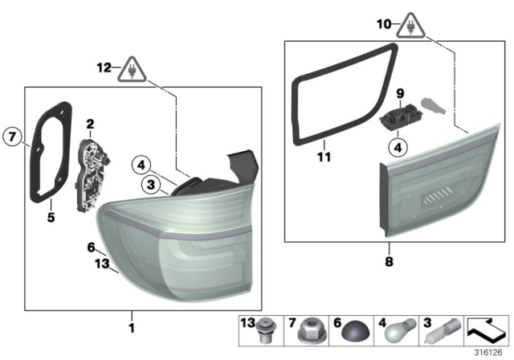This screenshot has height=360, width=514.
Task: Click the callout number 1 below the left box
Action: pos(133,327)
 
